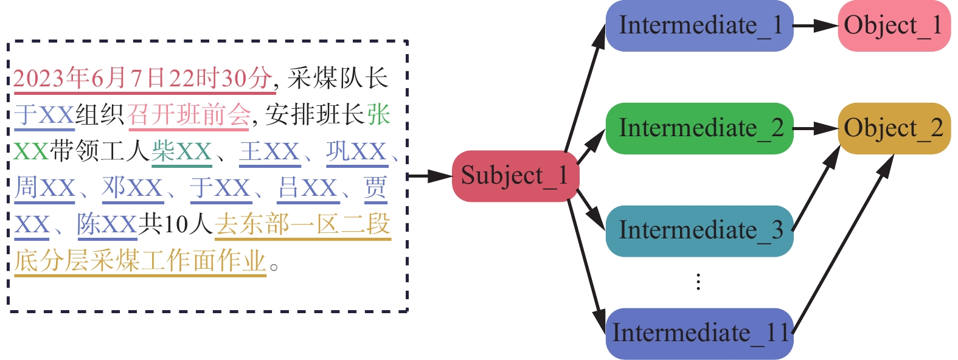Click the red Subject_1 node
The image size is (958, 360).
[x=515, y=176]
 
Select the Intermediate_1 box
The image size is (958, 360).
[x=699, y=26]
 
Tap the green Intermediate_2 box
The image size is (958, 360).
[x=699, y=128]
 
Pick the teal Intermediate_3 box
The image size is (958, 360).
[x=699, y=231]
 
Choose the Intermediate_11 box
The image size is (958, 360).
[x=699, y=333]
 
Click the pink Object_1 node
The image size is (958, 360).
[x=893, y=26]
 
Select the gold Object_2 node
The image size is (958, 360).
[x=893, y=128]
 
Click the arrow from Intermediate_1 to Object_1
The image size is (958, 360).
[x=816, y=26]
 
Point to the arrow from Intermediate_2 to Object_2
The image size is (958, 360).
[x=816, y=128]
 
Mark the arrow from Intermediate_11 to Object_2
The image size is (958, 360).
[x=842, y=243]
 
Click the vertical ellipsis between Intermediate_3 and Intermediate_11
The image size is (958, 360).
[x=698, y=282]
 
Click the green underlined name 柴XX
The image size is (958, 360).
[x=181, y=151]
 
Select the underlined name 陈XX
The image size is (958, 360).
[x=107, y=224]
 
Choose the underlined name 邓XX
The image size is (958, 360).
[x=133, y=188]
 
